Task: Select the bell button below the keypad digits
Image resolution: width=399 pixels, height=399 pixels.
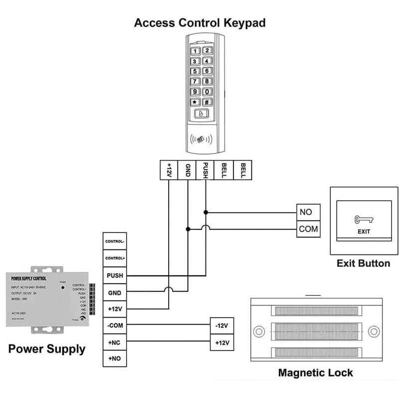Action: (201, 114)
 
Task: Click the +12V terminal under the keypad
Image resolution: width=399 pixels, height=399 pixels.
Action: (169, 170)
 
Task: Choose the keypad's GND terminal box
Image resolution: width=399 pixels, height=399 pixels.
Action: (188, 170)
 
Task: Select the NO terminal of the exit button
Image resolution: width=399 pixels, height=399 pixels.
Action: (306, 212)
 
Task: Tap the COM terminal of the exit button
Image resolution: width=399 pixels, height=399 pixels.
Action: (306, 229)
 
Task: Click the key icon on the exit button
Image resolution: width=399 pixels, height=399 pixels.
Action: (361, 219)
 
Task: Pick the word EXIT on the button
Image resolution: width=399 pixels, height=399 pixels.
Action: (364, 232)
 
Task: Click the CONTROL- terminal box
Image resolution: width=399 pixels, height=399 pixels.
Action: (115, 241)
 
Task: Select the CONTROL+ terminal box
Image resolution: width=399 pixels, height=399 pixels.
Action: (115, 258)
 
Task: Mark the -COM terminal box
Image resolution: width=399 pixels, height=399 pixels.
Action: (115, 325)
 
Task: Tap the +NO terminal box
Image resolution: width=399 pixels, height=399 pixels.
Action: (115, 359)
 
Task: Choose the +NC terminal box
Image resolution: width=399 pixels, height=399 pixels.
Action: (115, 342)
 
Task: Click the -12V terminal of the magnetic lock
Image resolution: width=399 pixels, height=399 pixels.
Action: (221, 326)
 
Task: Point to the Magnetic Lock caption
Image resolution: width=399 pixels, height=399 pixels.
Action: (315, 373)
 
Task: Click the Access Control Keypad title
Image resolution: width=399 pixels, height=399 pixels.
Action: (199, 22)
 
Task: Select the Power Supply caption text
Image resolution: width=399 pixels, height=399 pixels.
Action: (47, 349)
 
